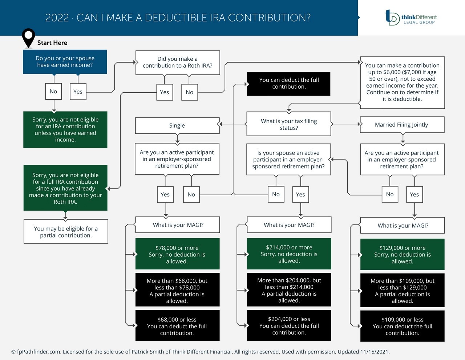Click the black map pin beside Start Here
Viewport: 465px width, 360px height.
coord(28,37)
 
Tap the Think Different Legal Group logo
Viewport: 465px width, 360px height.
coord(411,17)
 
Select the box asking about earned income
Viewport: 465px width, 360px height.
coord(65,62)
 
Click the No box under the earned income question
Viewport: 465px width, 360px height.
coord(53,92)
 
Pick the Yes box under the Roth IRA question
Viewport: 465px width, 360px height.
coord(164,92)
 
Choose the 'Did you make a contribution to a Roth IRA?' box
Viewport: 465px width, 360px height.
coord(177,63)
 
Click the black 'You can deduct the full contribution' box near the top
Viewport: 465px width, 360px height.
coord(289,84)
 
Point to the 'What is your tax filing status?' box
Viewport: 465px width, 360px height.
coord(289,124)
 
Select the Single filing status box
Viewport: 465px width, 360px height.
coord(177,125)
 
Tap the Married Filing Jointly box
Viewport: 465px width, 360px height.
coord(402,125)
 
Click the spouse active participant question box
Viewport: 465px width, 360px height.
coord(289,160)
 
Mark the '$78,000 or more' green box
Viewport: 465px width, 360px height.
coord(177,254)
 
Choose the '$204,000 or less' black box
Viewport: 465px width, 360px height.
coord(289,325)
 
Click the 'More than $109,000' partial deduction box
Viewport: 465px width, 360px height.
coord(402,291)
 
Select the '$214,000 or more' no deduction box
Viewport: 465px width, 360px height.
coord(289,254)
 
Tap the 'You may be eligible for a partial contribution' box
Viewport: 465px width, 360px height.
coord(66,232)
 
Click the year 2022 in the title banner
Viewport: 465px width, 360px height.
coord(57,18)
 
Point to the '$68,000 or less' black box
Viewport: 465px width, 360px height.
coord(177,326)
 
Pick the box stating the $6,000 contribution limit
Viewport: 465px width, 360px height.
coord(402,82)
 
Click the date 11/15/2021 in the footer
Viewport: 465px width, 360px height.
coord(374,352)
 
